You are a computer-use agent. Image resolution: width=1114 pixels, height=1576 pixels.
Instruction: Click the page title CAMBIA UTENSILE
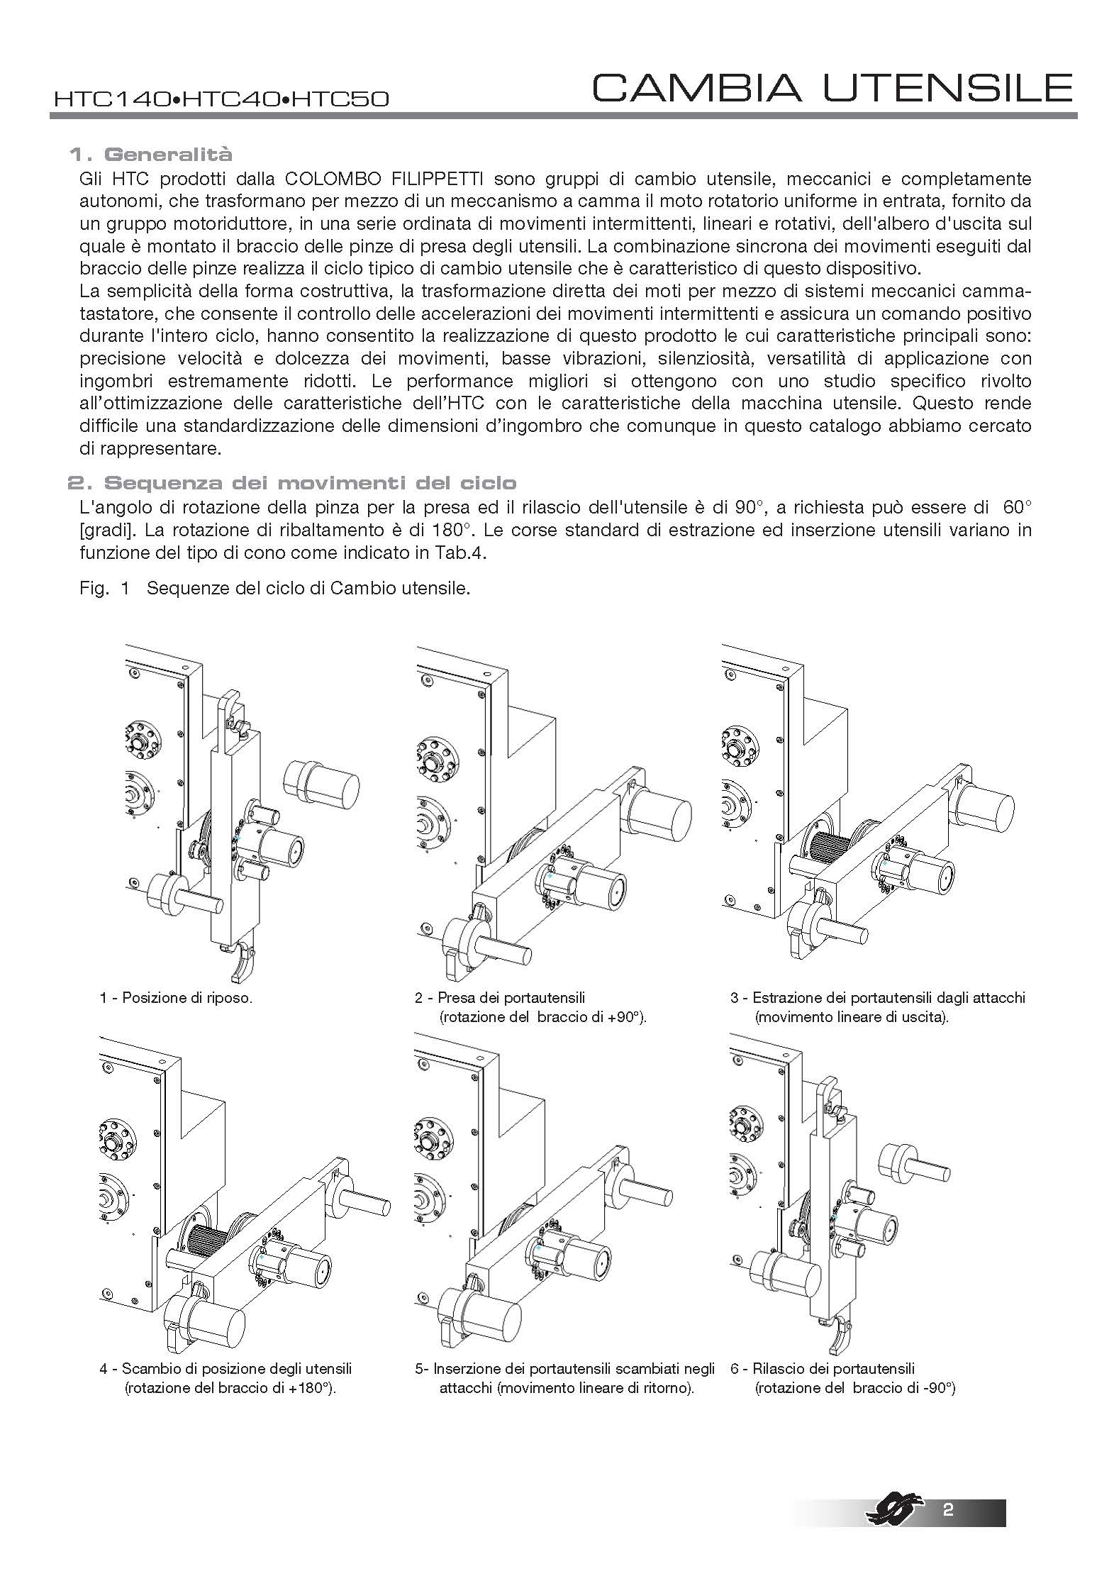coord(832,88)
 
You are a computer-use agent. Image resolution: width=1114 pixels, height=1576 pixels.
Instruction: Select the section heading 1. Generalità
coord(150,154)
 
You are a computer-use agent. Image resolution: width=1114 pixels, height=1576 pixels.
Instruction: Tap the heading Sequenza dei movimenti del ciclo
coord(291,484)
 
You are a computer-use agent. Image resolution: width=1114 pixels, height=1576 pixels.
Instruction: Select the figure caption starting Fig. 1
coord(275,589)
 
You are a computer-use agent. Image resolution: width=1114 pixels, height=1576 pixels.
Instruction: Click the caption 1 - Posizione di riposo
coord(176,997)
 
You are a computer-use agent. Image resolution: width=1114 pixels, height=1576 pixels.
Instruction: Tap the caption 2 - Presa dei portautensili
coord(500,997)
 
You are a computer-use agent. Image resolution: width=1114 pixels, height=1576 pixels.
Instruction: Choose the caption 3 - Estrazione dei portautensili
coord(878,997)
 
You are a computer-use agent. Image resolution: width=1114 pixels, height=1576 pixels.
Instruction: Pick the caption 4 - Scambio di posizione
coord(225,1368)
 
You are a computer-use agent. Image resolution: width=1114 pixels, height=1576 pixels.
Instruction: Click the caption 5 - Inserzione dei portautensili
coord(564,1368)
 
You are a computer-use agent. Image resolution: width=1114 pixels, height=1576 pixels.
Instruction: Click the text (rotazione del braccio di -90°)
coord(854,1388)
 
